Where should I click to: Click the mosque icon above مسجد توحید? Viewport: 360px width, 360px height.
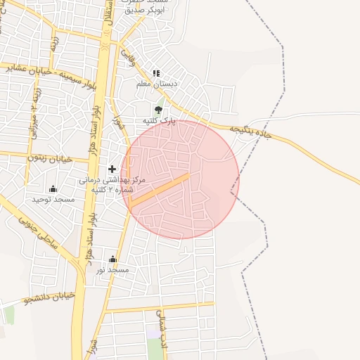pos(53,188)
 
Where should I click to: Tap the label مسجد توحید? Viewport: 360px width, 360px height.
pos(53,200)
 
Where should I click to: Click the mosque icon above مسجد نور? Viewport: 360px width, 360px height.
pos(112,259)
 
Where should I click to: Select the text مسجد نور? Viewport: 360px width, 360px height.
pos(112,270)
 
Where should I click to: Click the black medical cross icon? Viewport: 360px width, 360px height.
pos(112,169)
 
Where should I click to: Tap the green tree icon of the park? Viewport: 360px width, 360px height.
pos(158,110)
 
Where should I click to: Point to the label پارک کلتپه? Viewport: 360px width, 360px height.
pos(158,121)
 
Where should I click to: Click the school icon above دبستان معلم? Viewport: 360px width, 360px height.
pos(156,73)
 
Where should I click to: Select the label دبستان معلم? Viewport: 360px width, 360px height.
pos(156,84)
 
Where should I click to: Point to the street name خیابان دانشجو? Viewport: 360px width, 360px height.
pos(49,299)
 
